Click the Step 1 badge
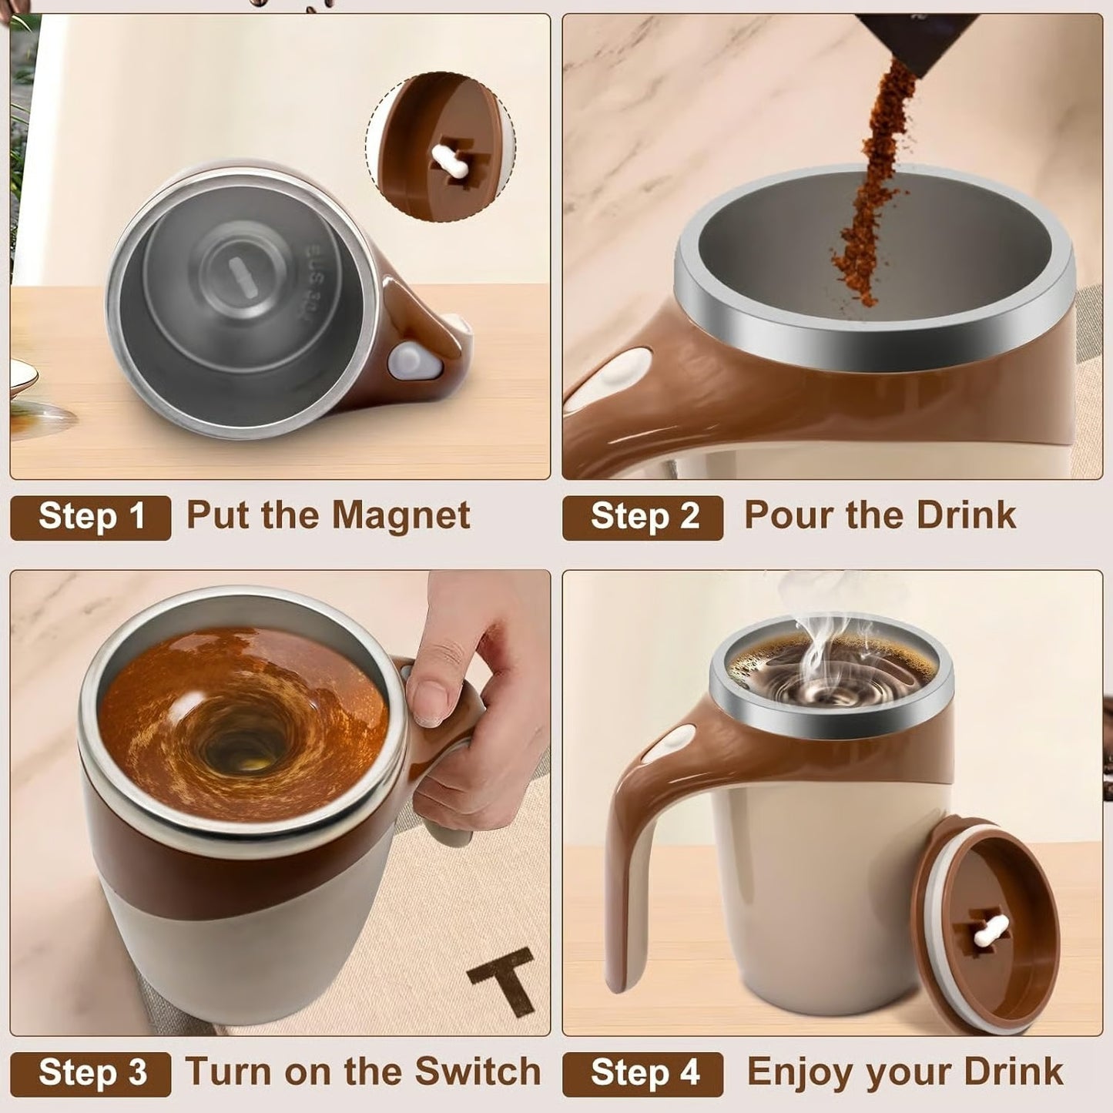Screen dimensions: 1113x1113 pos(90,517)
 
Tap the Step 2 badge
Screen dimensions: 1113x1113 pos(643,517)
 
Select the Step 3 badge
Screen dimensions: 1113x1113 pos(90,1073)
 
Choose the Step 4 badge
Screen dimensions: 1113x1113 pos(643,1073)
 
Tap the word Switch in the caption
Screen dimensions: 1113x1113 pos(478,1071)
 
